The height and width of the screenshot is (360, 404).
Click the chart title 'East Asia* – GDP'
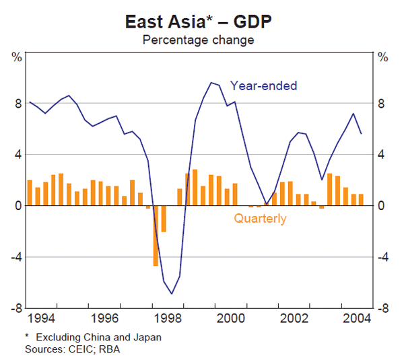click(x=197, y=22)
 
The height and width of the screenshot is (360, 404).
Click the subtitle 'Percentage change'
click(x=197, y=40)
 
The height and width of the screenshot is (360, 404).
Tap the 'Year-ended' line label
click(x=263, y=85)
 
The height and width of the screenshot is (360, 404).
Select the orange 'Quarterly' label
click(x=260, y=219)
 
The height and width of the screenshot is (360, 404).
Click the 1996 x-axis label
click(x=106, y=318)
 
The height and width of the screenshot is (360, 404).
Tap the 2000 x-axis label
click(x=233, y=318)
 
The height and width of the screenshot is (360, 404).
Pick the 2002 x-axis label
click(x=296, y=318)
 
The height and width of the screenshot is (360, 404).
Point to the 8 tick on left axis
click(x=16, y=104)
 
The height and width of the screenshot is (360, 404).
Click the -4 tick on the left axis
click(x=14, y=257)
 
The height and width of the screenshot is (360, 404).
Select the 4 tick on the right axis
click(x=382, y=155)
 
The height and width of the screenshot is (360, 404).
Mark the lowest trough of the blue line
click(x=172, y=293)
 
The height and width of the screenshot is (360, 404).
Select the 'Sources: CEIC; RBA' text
click(x=72, y=349)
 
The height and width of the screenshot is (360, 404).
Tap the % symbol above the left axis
click(x=16, y=57)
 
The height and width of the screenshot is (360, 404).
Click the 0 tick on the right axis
click(x=382, y=206)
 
